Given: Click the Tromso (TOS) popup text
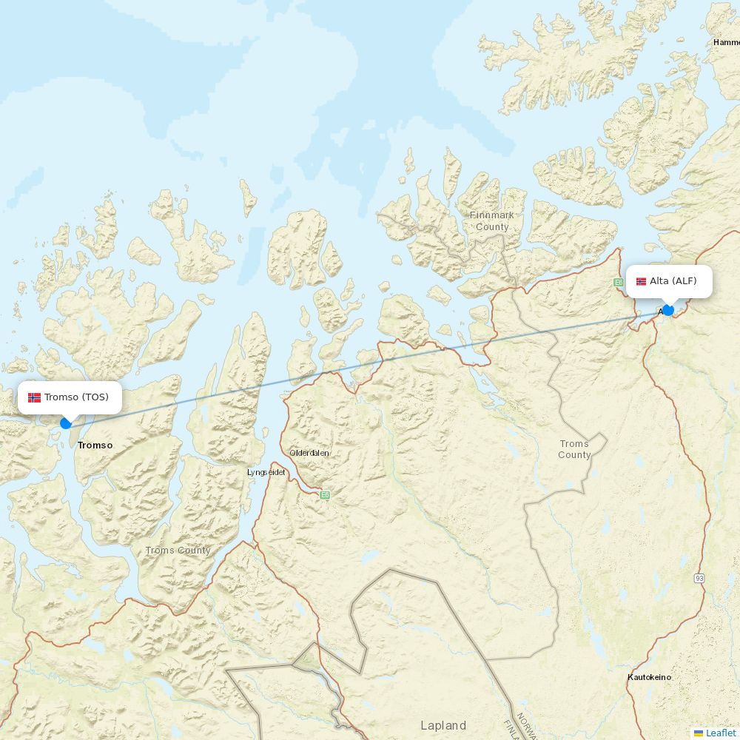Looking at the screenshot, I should coord(76,397).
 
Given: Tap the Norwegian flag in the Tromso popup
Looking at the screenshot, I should coord(34,397).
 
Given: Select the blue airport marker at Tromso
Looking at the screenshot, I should coord(66,423).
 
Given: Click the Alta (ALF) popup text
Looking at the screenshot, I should coord(673,281).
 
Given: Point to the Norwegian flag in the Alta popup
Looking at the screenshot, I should coord(641,281).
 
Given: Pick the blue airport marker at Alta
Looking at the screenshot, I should coord(668,310).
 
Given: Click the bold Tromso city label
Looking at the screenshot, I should coord(95,445).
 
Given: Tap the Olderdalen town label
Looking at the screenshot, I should coord(309,453).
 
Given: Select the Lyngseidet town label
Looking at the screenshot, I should coord(266,472).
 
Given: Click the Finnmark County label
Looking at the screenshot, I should coord(492,221).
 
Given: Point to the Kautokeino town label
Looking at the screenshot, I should coord(649,677).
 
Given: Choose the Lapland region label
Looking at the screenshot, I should coord(443,725).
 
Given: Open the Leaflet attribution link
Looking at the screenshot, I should coord(721,733).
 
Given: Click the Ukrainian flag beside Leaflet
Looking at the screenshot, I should coord(699,733).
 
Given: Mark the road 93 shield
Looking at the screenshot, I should coord(699,577).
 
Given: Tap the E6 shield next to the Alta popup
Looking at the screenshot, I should coord(618,282).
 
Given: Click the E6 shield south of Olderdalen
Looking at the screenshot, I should coord(324,495).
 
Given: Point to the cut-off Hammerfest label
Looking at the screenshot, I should coord(726,42).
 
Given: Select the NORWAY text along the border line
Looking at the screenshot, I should coord(525,725).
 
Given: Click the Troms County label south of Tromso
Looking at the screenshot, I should coord(178,551).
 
